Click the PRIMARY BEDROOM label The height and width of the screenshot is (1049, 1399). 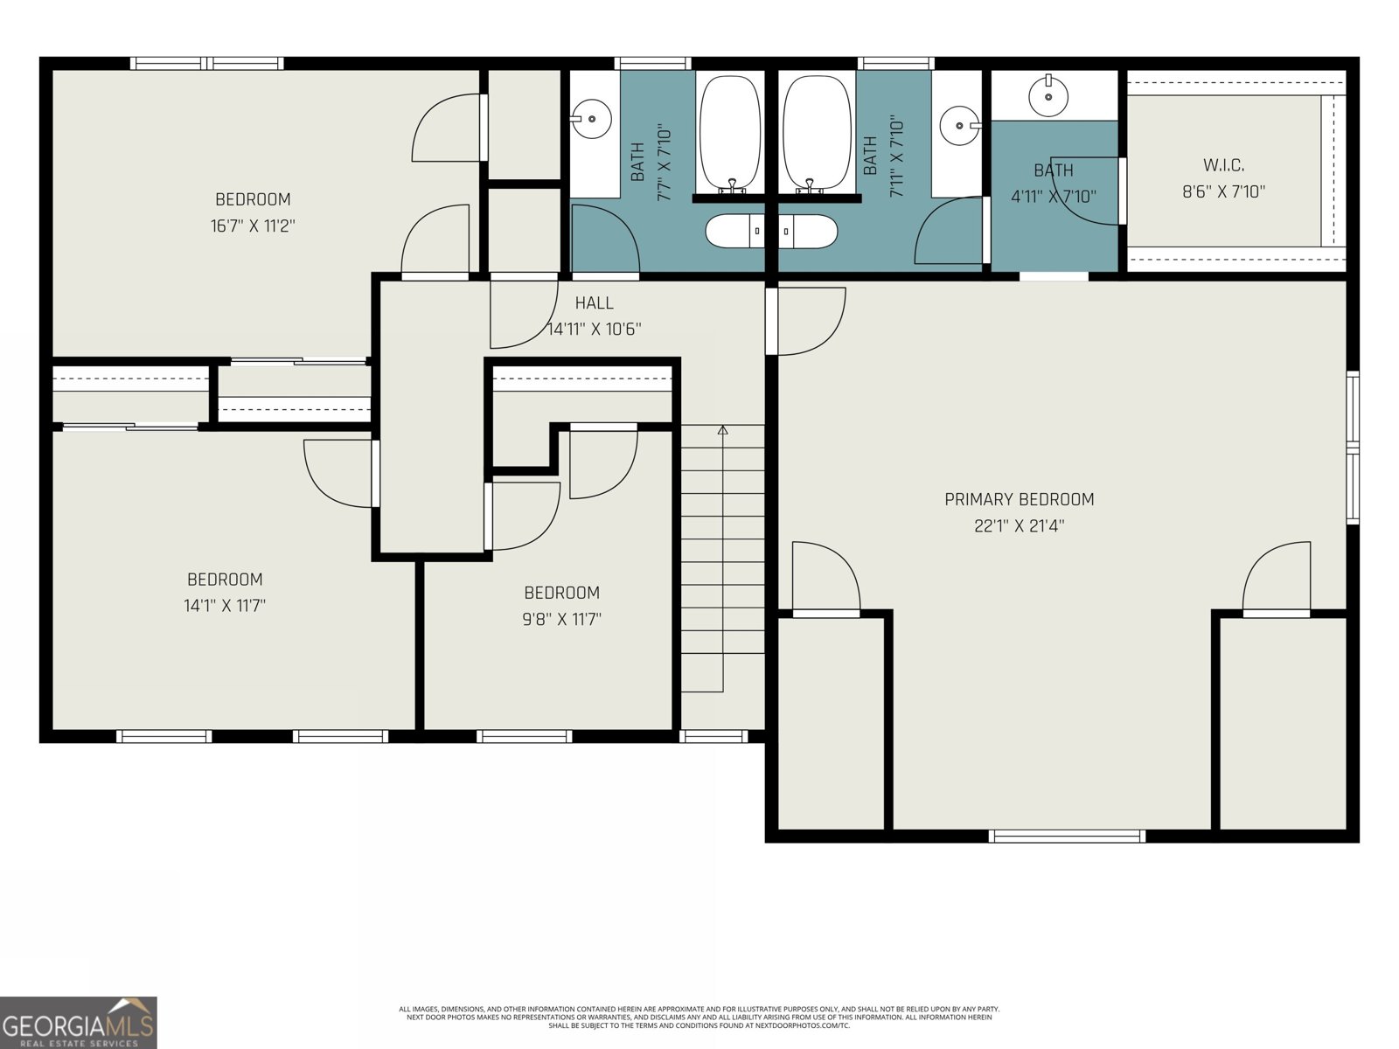(x=1019, y=499)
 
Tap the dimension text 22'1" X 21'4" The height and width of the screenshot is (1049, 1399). (x=1019, y=526)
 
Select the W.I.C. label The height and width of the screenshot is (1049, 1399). (x=1223, y=165)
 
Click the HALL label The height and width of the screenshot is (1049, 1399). (x=594, y=303)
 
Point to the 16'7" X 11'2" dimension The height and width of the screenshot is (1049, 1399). (x=253, y=226)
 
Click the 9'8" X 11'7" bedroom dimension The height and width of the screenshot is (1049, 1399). (x=561, y=620)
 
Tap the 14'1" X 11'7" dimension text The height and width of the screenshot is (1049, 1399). (x=225, y=606)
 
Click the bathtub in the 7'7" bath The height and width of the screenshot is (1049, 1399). (x=729, y=133)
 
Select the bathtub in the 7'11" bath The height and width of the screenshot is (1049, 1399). (x=817, y=133)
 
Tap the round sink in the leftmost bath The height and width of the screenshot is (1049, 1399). (x=592, y=118)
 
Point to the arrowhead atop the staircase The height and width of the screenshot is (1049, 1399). (x=722, y=430)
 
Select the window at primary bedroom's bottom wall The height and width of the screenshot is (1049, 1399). (x=1066, y=836)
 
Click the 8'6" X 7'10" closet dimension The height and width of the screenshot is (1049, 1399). (x=1223, y=191)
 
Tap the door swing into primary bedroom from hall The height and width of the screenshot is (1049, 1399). (x=809, y=322)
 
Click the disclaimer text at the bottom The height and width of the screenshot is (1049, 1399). (x=699, y=1017)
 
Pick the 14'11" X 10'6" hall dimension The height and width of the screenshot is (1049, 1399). (x=594, y=330)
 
